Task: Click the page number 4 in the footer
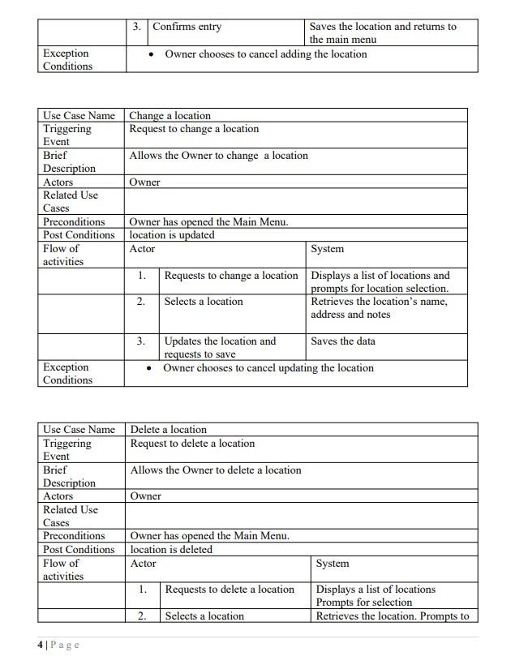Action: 41,645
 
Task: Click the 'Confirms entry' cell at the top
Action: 187,27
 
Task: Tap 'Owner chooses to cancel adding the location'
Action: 265,54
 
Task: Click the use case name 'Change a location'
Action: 170,116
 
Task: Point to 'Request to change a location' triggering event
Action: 194,129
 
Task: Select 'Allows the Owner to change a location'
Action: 218,156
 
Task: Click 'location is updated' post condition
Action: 172,235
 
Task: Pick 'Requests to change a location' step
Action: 231,276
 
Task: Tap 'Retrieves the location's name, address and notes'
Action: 379,308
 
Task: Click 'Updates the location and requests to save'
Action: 220,348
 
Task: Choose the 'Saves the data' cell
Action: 343,341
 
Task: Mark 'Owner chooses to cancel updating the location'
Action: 268,368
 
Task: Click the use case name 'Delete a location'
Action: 169,430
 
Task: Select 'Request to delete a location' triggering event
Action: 192,444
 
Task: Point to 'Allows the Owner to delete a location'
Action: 216,470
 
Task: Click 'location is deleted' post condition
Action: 171,550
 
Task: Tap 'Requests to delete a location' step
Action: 230,590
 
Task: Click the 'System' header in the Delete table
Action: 333,564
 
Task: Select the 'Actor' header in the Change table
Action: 142,249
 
